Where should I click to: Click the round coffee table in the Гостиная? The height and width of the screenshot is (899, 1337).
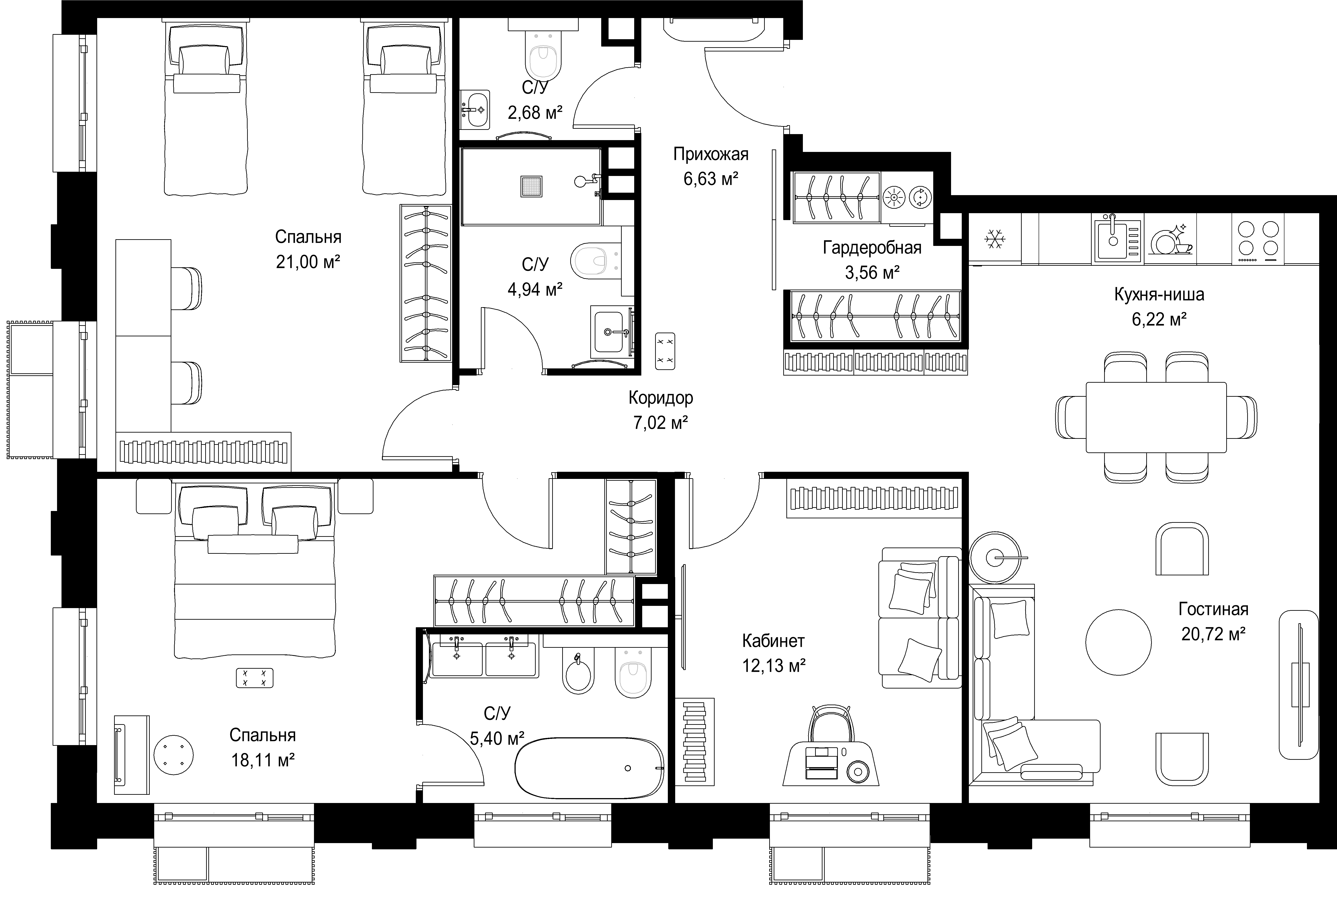pyautogui.click(x=1118, y=642)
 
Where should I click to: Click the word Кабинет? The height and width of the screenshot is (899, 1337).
pyautogui.click(x=773, y=640)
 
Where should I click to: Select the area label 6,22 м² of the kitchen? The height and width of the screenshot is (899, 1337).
pyautogui.click(x=1159, y=319)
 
